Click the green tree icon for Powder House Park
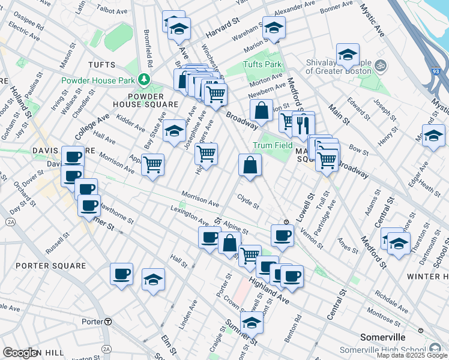143,79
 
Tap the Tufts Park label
262,64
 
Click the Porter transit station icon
107,322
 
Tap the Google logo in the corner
20,353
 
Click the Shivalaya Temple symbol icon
379,65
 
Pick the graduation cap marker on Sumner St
252,322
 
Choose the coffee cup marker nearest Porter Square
121,274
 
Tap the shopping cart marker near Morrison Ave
153,164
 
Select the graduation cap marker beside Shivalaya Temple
348,55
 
